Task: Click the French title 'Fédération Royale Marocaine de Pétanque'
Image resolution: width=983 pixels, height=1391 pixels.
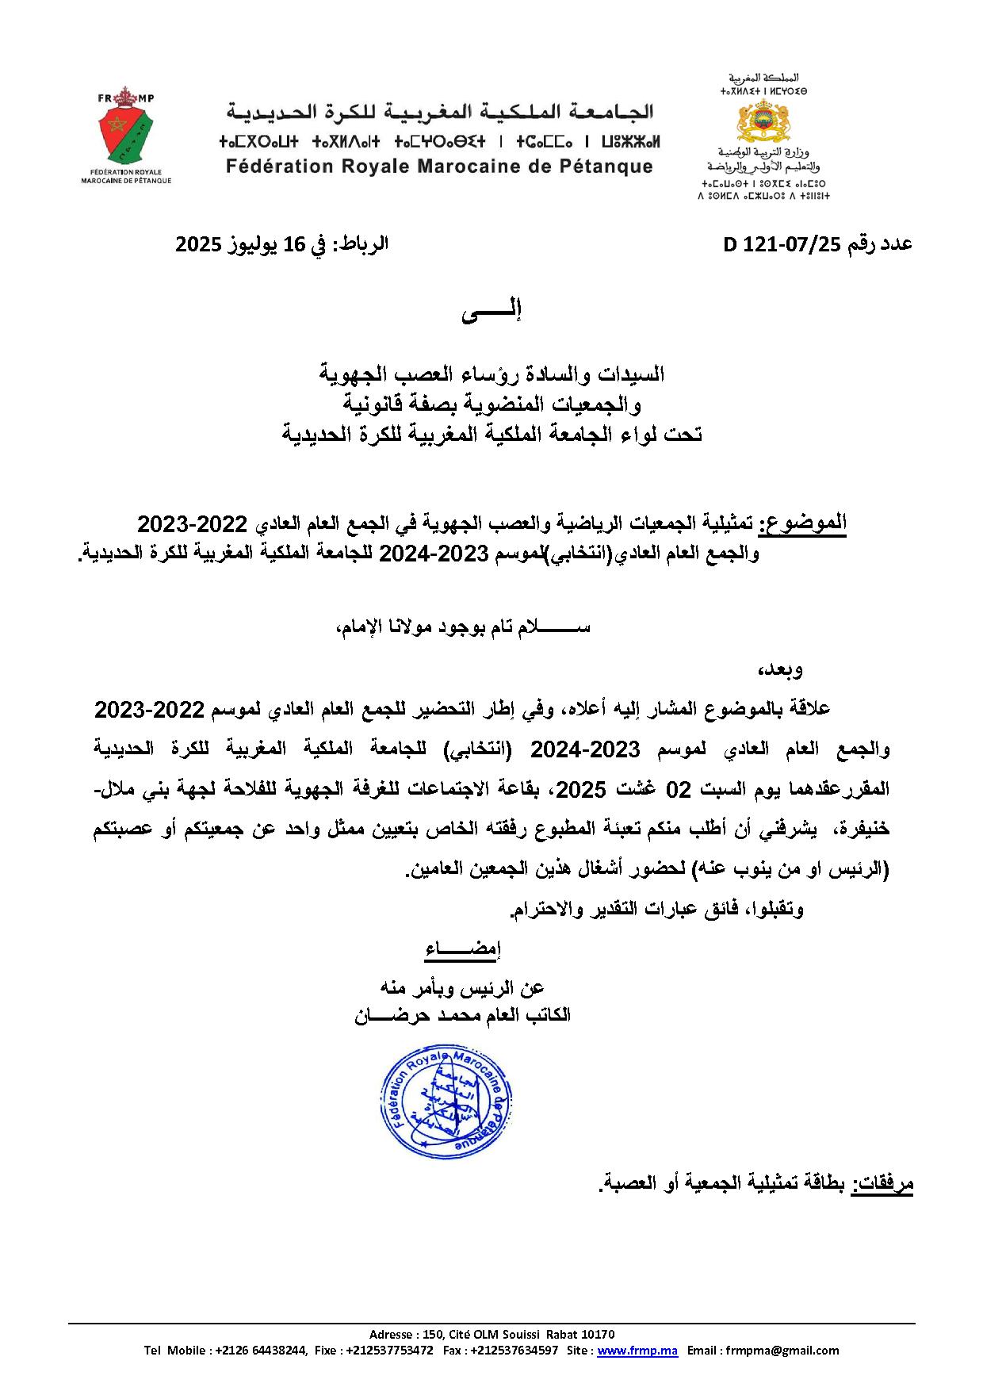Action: point(439,167)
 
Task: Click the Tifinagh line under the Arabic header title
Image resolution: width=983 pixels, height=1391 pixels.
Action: point(439,142)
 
